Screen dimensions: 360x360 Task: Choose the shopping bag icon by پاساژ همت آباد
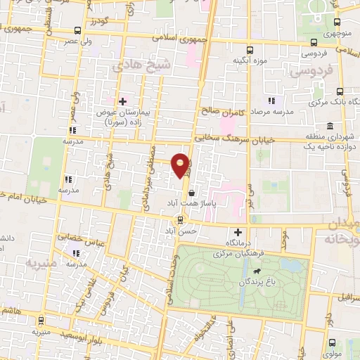pyautogui.click(x=192, y=191)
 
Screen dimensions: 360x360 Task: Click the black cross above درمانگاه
pyautogui.click(x=238, y=232)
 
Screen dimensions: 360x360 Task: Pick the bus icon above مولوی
pyautogui.click(x=332, y=342)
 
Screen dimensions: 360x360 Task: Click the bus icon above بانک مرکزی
pyautogui.click(x=340, y=91)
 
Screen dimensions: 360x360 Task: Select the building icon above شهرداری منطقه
pyautogui.click(x=329, y=126)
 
